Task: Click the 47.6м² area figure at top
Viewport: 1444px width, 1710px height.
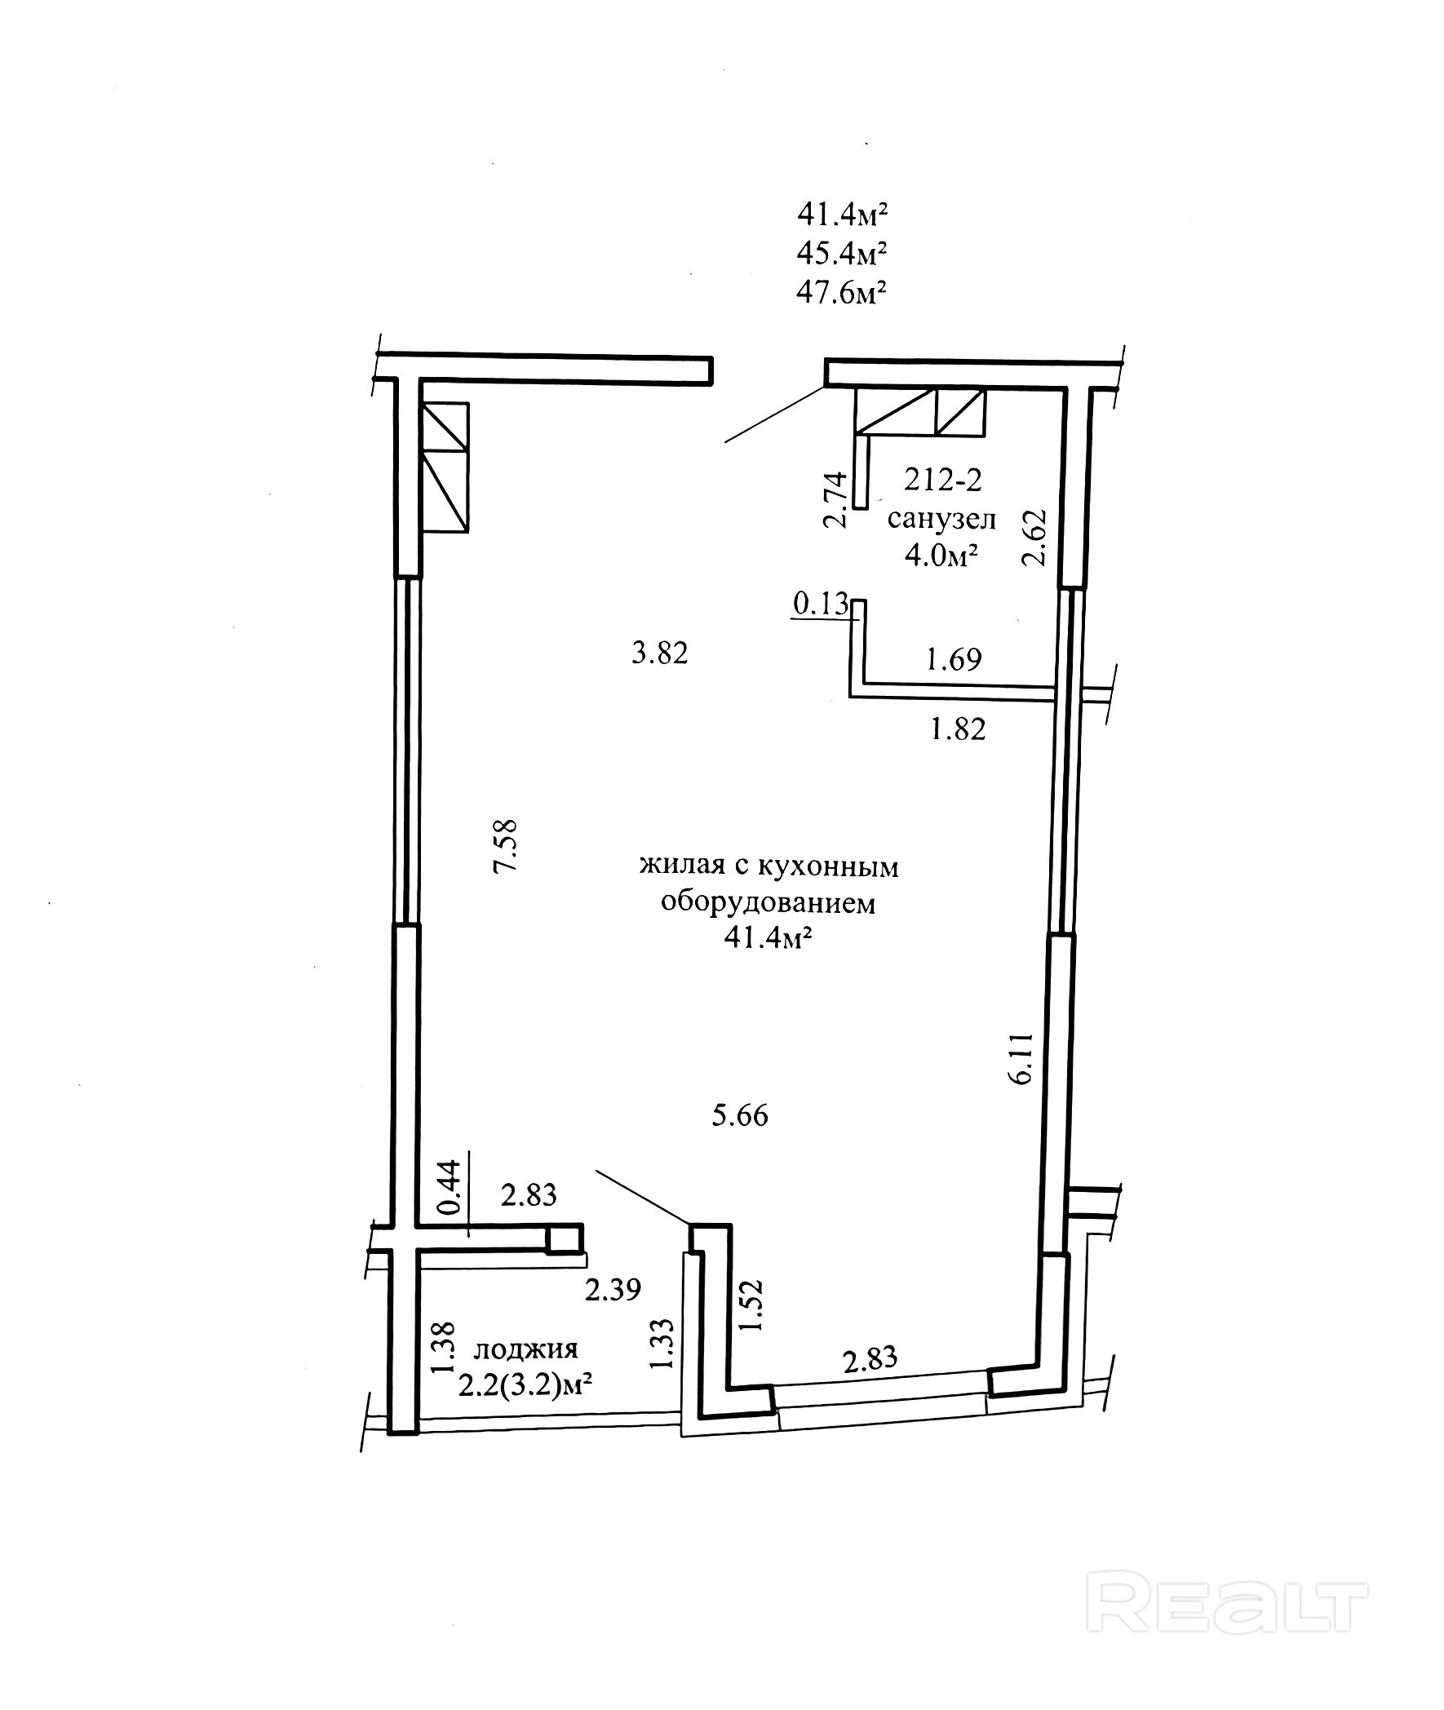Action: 842,291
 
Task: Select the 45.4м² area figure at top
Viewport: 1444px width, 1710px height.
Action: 842,253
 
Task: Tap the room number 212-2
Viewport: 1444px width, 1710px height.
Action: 941,480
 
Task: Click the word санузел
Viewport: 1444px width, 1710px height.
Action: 941,519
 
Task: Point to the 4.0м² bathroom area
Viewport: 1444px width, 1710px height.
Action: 941,556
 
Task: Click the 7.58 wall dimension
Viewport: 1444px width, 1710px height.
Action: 506,845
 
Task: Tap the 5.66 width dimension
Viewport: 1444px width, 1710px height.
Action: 740,1116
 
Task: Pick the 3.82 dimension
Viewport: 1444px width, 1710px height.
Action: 660,653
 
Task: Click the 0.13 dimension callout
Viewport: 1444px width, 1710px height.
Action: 821,603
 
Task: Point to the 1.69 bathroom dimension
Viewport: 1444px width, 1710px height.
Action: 953,659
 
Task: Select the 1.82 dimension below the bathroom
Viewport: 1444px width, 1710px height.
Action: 958,729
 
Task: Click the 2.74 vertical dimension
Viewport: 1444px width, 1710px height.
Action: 835,499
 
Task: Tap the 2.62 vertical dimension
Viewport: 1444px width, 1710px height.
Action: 1034,538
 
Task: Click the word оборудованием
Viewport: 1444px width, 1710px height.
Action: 768,903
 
